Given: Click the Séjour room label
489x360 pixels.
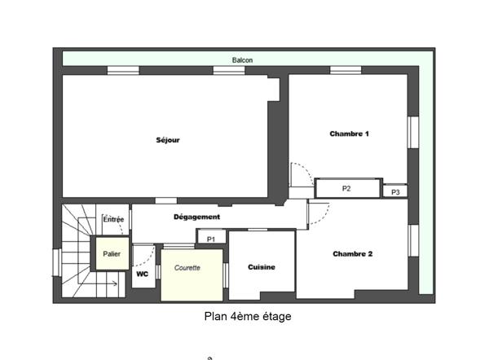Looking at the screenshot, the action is tap(168, 140).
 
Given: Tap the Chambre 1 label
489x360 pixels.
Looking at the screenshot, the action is tap(350, 134).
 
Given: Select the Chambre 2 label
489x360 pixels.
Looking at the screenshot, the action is tap(353, 254).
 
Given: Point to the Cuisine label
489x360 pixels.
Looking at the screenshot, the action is tap(262, 267).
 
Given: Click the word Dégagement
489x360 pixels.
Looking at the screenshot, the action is tap(196, 217).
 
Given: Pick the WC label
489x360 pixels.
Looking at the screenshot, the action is tap(142, 274).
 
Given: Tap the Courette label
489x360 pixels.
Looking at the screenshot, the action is tap(187, 268).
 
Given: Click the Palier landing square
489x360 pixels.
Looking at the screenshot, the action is tap(112, 253).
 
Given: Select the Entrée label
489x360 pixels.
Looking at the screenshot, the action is tap(113, 219).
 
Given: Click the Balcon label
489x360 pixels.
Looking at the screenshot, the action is tap(242, 60).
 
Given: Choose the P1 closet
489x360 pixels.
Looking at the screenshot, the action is tap(211, 237).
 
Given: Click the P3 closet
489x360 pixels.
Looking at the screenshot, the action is tap(395, 191).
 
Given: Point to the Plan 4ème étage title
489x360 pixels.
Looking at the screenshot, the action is tap(248, 316).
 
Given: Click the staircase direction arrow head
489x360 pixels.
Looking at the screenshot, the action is tap(116, 283).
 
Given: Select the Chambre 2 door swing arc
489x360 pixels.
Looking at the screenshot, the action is tap(324, 216).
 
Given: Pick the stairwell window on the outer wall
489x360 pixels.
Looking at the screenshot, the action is tap(57, 262).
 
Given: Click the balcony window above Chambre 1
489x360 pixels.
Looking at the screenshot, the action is tap(346, 70).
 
